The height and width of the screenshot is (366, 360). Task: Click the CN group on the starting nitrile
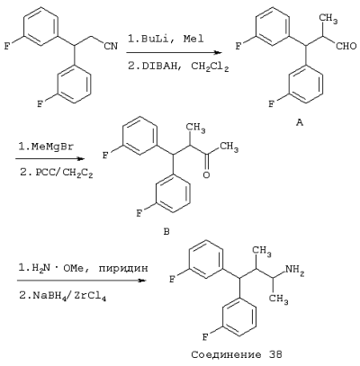[111, 46]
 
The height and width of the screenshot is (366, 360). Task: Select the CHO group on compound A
[346, 46]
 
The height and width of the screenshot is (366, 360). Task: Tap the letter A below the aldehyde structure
[300, 122]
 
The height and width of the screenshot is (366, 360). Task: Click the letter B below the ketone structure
[166, 231]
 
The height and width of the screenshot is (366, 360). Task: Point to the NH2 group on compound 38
[294, 269]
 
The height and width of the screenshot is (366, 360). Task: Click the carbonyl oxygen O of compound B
[206, 174]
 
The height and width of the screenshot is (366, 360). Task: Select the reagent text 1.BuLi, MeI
[166, 39]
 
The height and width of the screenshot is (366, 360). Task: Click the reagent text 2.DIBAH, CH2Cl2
[178, 67]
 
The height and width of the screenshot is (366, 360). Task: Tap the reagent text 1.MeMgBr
[46, 147]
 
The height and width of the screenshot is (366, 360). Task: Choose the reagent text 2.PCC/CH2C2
[57, 174]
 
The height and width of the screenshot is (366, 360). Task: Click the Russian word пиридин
[123, 268]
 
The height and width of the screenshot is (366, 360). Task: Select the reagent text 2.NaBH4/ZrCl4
[63, 297]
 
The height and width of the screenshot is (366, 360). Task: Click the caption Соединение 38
[237, 355]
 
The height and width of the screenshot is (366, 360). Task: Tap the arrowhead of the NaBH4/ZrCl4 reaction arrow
[141, 281]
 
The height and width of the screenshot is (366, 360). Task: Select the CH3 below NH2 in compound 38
[279, 299]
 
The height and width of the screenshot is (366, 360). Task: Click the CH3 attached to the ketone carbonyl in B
[229, 147]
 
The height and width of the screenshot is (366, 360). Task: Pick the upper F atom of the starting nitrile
[6, 47]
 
